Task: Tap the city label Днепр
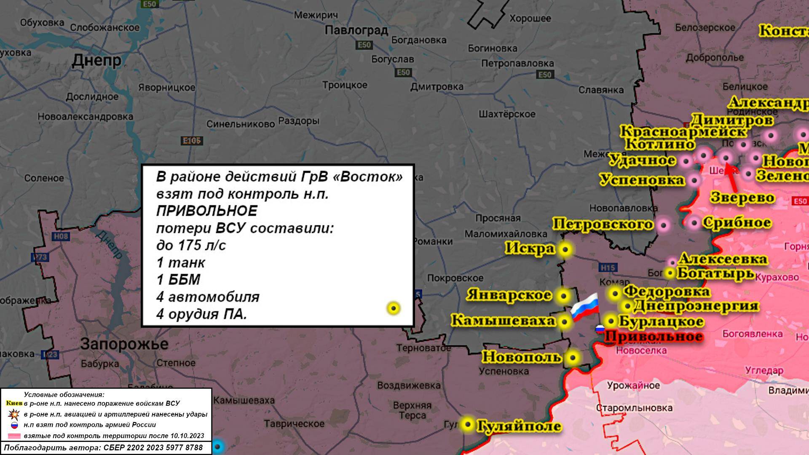tap(96, 60)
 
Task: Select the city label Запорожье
tap(124, 344)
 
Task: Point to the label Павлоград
tap(356, 30)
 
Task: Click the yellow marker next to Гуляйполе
tap(467, 424)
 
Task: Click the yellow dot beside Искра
tap(565, 249)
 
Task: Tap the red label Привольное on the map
tap(654, 337)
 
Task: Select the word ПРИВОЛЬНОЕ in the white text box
tap(206, 211)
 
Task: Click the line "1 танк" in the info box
tap(180, 262)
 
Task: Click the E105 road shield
tap(191, 141)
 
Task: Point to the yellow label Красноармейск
tap(683, 132)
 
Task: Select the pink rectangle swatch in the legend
tap(14, 436)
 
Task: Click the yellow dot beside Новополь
tap(573, 358)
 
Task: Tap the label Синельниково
tap(240, 124)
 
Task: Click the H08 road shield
tap(61, 236)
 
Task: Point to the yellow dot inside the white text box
tap(394, 308)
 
